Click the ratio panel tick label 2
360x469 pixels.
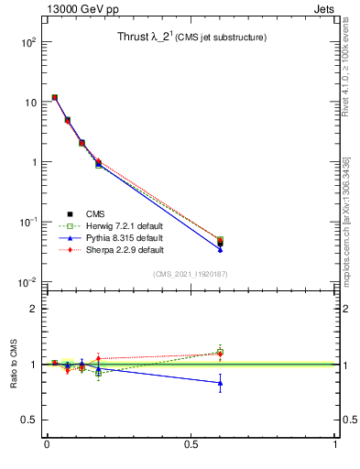click(31, 309)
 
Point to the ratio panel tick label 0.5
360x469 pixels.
click(27, 420)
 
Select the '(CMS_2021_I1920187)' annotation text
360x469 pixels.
click(190, 274)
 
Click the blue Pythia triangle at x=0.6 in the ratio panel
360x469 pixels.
click(220, 383)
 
